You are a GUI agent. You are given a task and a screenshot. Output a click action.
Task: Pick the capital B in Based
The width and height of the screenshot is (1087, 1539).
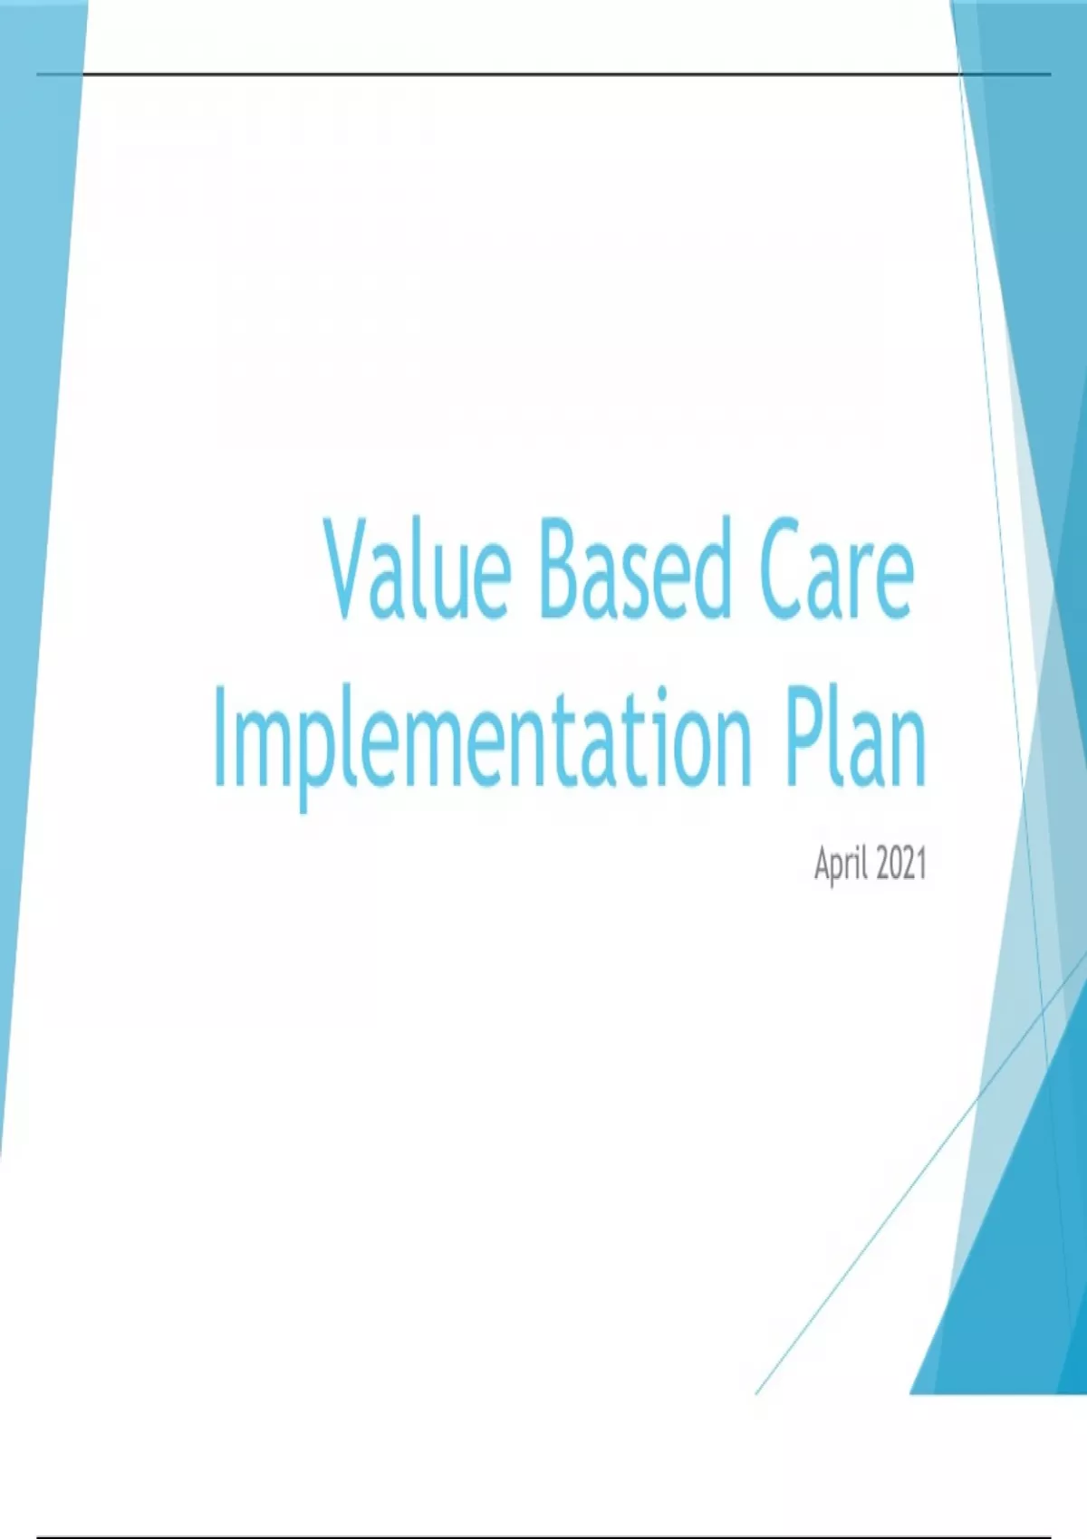click(561, 569)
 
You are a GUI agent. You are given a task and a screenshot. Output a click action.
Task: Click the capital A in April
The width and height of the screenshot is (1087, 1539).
click(822, 863)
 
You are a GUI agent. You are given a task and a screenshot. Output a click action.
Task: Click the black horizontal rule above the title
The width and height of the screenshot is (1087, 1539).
click(543, 73)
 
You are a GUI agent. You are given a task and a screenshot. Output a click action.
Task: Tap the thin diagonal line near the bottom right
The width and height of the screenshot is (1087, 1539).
click(921, 1175)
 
